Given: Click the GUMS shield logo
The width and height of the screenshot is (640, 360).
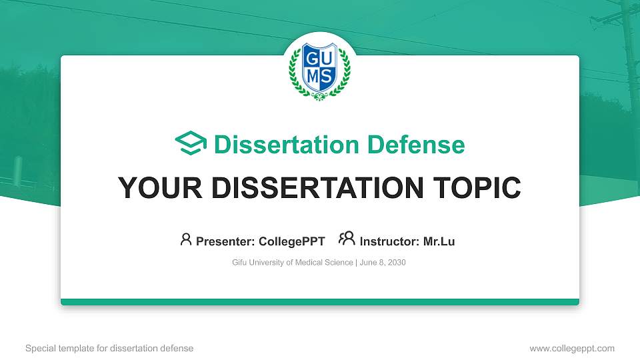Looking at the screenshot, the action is coord(319,70).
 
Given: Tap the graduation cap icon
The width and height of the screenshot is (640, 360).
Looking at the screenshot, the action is coord(191,143).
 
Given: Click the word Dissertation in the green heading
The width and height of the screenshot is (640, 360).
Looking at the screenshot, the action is coord(287,145).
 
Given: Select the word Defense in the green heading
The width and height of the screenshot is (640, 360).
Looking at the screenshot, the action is coord(416,145).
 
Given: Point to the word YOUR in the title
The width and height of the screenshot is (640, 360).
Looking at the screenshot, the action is coord(160,188).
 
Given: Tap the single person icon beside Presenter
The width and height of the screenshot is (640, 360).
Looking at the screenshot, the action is coord(186,239).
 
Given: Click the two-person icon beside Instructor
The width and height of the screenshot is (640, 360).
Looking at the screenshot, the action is coord(347,239).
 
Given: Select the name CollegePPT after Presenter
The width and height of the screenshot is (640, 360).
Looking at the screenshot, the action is coord(292,241).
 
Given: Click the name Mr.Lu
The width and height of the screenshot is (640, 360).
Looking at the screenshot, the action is coord(439,241).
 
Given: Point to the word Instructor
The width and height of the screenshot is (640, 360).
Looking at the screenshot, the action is coord(389,241).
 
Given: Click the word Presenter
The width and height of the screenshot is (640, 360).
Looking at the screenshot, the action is coord(225,241).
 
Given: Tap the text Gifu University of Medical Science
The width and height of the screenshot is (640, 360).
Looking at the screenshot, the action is coord(293,263).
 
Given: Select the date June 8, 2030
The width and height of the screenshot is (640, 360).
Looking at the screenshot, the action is coord(383,263).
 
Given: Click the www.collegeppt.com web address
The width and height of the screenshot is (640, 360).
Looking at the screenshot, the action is coord(572,349).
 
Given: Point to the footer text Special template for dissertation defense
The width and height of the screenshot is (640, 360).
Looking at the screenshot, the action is coord(109,349).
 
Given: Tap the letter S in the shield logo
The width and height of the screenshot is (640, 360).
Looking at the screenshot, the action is coord(326,76).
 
